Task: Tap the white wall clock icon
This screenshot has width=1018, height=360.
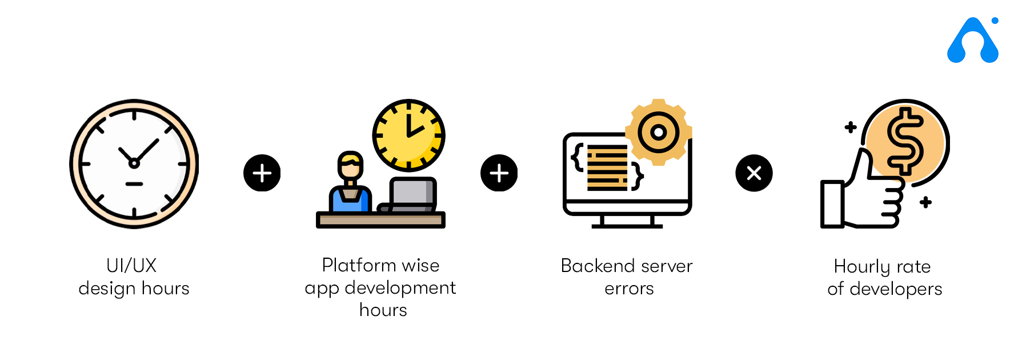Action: pyautogui.click(x=134, y=164)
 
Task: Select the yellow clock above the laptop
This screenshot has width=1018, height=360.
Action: pyautogui.click(x=408, y=135)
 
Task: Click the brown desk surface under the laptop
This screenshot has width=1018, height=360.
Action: pyautogui.click(x=380, y=220)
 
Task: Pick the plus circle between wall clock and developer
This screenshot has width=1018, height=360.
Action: pyautogui.click(x=262, y=173)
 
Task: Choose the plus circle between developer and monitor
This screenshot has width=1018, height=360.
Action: pyautogui.click(x=499, y=173)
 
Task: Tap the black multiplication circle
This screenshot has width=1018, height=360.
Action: pyautogui.click(x=754, y=173)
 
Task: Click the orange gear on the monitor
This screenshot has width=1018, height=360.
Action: pyautogui.click(x=659, y=133)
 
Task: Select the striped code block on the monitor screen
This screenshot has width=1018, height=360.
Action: pyautogui.click(x=607, y=167)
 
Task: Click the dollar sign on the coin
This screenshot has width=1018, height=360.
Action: pyautogui.click(x=905, y=141)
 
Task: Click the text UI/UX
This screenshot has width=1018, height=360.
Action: pyautogui.click(x=131, y=266)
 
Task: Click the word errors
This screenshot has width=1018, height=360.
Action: pyautogui.click(x=629, y=289)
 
